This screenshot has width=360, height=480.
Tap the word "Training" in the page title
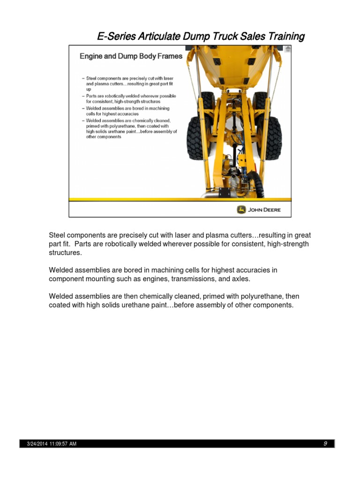pos(285,36)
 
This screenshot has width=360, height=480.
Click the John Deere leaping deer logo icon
pos(241,210)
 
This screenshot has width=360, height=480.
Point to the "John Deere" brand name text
pos(264,210)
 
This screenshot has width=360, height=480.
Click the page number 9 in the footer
pos(325,443)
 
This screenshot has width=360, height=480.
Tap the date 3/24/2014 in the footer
pos(37,444)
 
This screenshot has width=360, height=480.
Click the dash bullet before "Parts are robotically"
pos(83,96)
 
